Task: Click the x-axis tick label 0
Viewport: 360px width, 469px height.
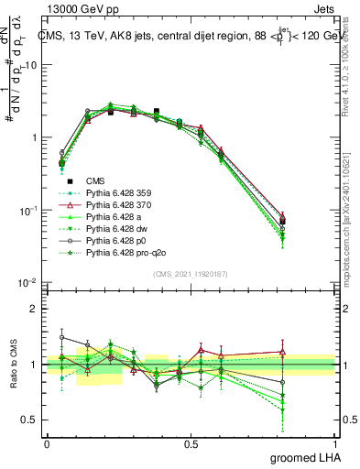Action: point(47,442)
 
